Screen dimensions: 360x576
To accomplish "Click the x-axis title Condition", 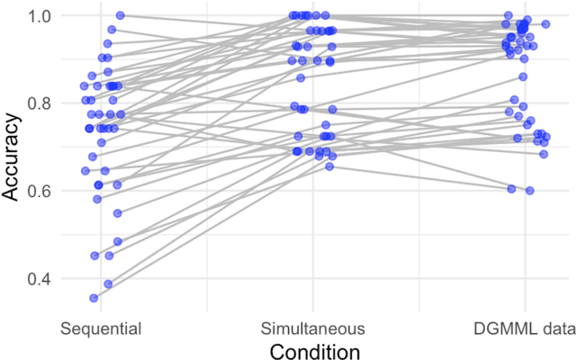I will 312,349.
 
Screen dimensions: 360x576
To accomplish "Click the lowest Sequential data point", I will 94,298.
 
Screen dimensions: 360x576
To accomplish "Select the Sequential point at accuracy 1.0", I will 120,15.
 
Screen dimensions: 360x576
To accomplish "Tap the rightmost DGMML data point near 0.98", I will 545,23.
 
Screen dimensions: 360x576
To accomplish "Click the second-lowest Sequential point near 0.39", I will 108,283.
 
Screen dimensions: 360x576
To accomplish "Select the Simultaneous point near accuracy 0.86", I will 301,77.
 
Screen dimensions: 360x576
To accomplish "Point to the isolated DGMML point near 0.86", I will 523,76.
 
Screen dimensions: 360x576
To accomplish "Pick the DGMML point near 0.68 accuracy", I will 544,154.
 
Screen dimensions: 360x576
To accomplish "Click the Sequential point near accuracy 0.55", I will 118,212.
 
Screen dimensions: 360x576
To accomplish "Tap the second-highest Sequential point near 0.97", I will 112,30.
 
